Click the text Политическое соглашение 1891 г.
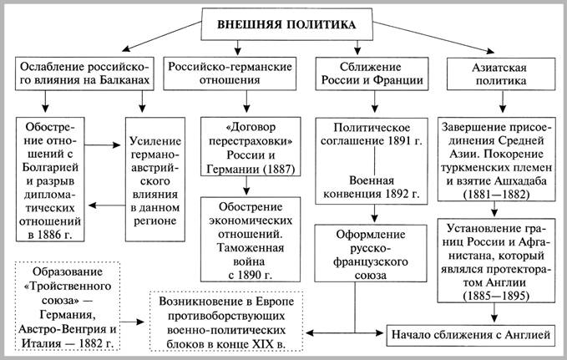point(371,137)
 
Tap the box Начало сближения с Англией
point(473,334)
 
